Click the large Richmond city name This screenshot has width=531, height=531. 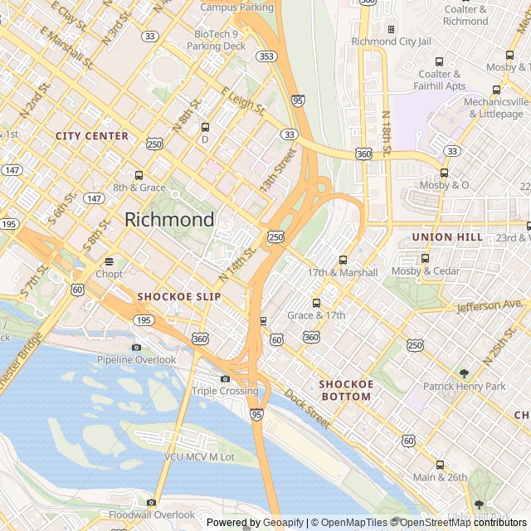pos(169,220)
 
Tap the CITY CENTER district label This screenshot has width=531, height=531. pos(92,135)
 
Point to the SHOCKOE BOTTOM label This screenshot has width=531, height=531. pos(346,391)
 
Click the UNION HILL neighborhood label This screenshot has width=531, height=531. pos(447,237)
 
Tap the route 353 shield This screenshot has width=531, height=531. pos(265,56)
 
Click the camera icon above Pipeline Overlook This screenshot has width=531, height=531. pos(136,347)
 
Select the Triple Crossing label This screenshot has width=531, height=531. pos(225,391)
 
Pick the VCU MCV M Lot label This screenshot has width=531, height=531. pos(199,457)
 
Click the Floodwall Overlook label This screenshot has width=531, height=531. pos(151,514)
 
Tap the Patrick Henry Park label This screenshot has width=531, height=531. pos(464,387)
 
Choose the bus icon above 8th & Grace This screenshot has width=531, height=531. pos(139,175)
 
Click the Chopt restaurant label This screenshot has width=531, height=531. pos(109,274)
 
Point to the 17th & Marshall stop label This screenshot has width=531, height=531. pos(343,272)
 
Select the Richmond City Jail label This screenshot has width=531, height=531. pos(391,41)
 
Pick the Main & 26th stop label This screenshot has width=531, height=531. pos(441,477)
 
